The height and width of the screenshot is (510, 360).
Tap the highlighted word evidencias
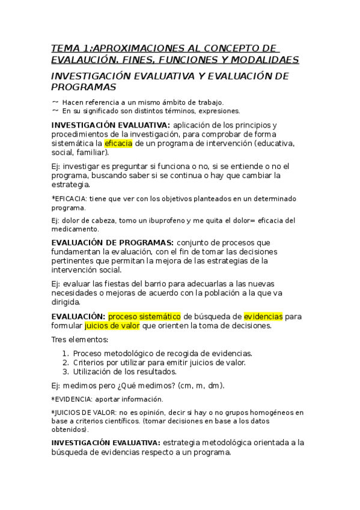(x=263, y=316)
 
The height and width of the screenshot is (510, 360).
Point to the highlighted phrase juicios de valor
(x=112, y=326)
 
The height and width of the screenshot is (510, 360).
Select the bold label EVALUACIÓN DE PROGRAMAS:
(x=103, y=242)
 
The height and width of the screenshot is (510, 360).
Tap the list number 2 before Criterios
(x=65, y=363)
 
